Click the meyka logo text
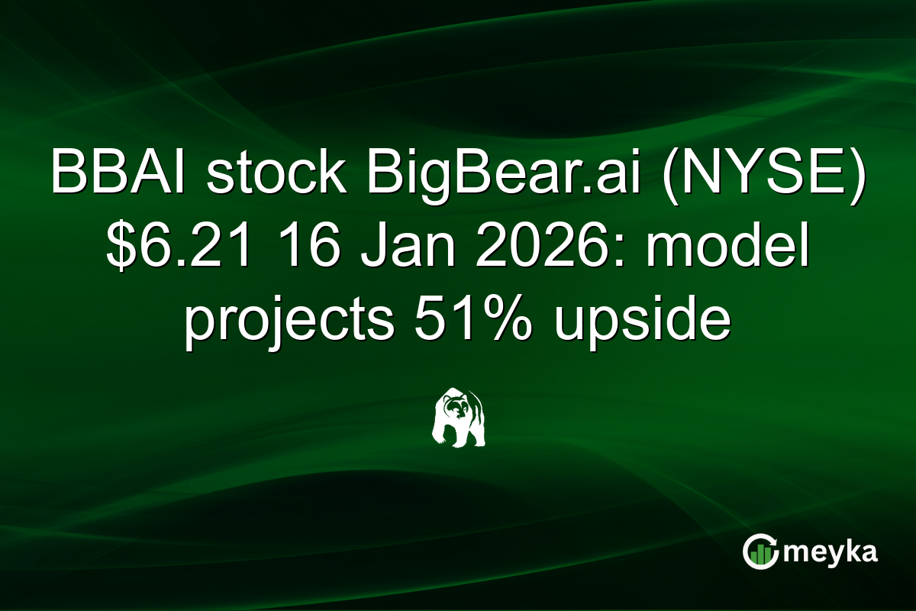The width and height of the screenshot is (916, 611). pos(831,552)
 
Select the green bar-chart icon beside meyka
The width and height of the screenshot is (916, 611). pos(760,552)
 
